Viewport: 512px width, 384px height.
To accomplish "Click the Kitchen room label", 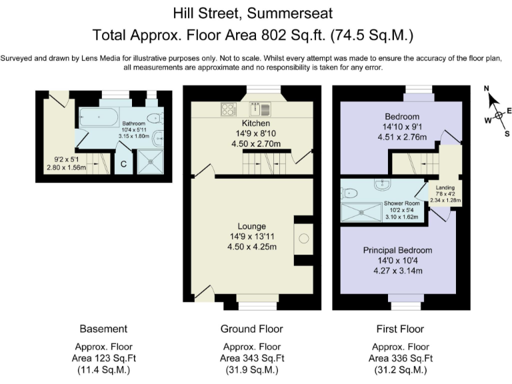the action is click(256, 123).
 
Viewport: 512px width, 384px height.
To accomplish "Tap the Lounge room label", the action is click(251, 226).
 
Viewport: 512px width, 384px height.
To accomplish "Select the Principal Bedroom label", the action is click(397, 250).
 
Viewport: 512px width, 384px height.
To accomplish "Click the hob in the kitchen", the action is click(229, 109).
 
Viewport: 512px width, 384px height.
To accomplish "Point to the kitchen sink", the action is click(260, 109).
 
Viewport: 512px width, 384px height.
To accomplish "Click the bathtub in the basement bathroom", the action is click(99, 117).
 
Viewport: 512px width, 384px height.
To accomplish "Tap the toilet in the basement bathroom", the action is click(155, 117).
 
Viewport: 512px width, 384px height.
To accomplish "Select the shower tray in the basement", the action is click(150, 161).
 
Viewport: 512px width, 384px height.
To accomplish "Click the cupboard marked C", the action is click(123, 163).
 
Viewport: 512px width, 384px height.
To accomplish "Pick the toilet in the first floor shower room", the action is click(348, 193).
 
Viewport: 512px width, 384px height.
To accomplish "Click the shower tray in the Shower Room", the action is click(361, 212).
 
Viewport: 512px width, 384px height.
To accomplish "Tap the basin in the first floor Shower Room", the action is click(382, 184).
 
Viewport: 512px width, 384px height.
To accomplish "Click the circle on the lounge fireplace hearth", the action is click(304, 239).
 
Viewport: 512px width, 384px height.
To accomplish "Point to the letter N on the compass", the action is click(487, 89).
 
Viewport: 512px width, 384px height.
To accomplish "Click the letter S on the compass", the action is click(507, 133).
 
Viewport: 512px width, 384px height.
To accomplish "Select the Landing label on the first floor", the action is click(445, 187).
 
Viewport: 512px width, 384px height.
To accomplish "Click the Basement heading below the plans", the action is click(103, 329).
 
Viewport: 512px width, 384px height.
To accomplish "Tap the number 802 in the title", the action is click(274, 35).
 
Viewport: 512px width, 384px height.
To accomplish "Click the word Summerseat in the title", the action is click(289, 13).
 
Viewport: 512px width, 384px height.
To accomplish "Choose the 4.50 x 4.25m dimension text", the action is click(252, 247).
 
